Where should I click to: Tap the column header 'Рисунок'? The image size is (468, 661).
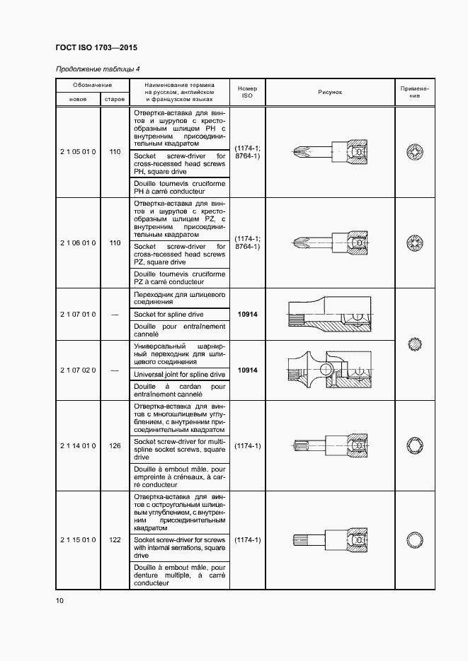(x=330, y=92)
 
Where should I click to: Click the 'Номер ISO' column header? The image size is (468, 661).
(x=247, y=92)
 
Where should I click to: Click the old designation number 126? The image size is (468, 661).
(x=115, y=446)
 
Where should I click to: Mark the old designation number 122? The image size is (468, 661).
(x=115, y=540)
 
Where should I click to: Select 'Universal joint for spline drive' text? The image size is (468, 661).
(x=179, y=374)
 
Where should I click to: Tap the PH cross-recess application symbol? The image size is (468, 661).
(x=414, y=151)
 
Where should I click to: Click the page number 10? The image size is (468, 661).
(x=59, y=601)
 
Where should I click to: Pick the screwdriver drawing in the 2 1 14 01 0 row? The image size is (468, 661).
(x=328, y=445)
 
